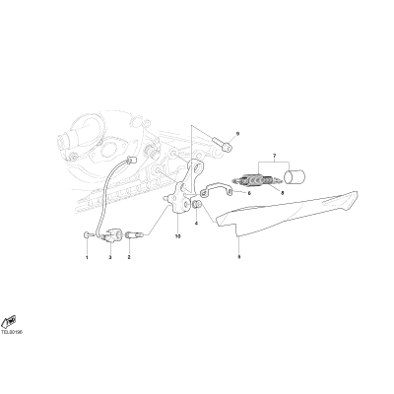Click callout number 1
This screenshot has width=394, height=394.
coord(87,257)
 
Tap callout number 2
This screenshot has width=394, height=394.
coord(129,257)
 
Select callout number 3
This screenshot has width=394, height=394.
coord(110,257)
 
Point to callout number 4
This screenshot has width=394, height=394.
coord(196,224)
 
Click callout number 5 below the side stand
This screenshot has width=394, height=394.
coord(239,257)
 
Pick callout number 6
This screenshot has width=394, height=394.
coord(249,193)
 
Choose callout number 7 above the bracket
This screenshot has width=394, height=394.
coord(275,155)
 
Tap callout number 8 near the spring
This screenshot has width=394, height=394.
coord(282,193)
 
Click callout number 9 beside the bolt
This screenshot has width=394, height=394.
coord(238,134)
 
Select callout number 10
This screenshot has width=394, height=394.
coord(177,236)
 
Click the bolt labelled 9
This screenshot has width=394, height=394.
coord(223,145)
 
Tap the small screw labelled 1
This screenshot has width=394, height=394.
coord(87,234)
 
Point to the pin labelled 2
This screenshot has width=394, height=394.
coord(134,234)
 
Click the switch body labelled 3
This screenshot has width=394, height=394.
coord(111,235)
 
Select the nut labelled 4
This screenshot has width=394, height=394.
coord(197,204)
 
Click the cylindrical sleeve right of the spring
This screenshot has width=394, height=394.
coord(295,175)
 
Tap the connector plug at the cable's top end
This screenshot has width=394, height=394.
coord(132,160)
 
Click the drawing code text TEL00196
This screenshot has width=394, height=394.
coord(12,332)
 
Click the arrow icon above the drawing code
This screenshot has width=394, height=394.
coord(9,322)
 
